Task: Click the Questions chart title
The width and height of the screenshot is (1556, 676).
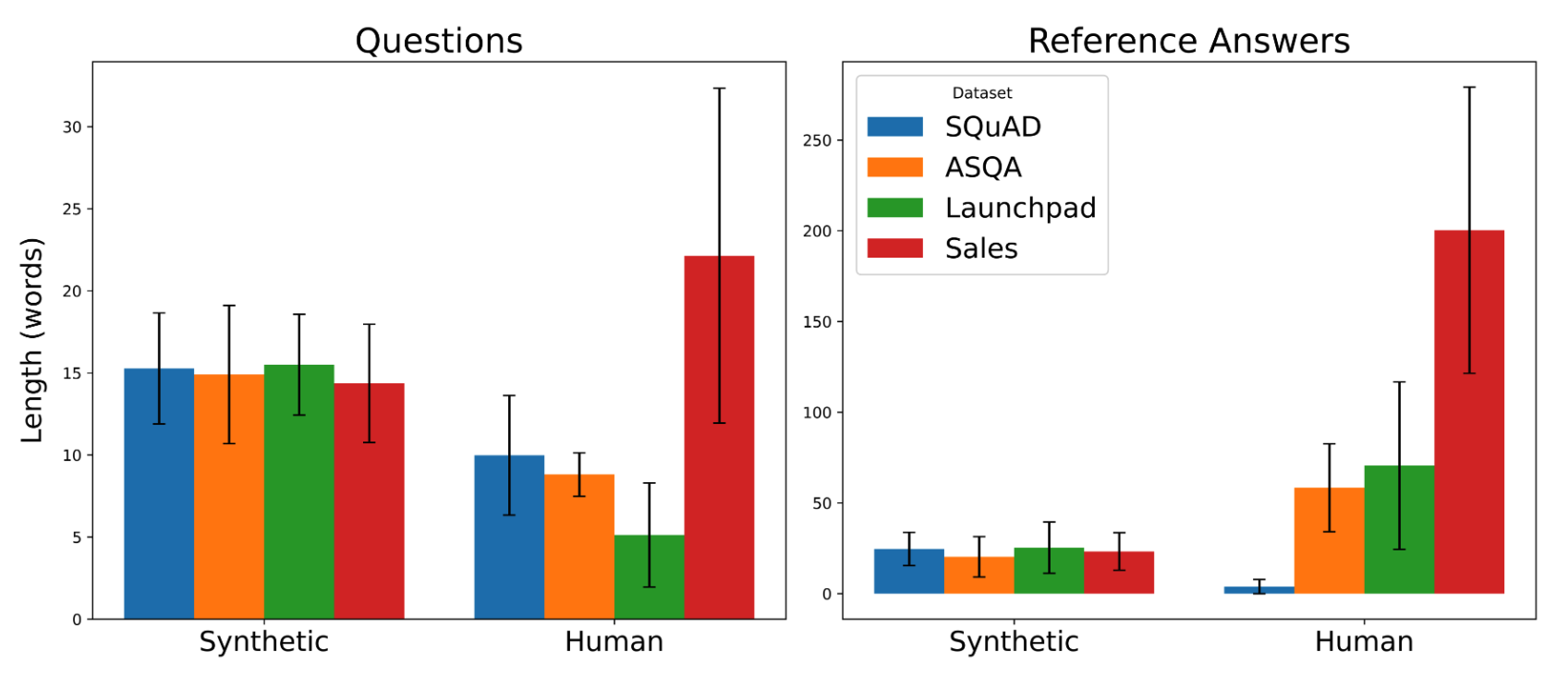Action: pyautogui.click(x=438, y=41)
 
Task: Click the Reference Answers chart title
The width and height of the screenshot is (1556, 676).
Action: pyautogui.click(x=1188, y=41)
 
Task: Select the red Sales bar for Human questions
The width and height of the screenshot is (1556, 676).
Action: pyautogui.click(x=719, y=437)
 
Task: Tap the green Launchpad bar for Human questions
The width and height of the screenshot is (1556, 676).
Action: pyautogui.click(x=650, y=577)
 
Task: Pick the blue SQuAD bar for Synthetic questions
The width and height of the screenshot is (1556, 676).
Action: pyautogui.click(x=159, y=493)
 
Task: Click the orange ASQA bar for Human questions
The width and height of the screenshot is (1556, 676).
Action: pyautogui.click(x=579, y=547)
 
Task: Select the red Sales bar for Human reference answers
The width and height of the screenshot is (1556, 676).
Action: pyautogui.click(x=1469, y=412)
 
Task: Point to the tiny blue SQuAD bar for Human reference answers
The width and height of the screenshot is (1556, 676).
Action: pyautogui.click(x=1258, y=590)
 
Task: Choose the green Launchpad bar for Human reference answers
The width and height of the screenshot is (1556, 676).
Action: pyautogui.click(x=1399, y=529)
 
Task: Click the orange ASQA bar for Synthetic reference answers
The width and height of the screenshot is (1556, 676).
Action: pyautogui.click(x=979, y=575)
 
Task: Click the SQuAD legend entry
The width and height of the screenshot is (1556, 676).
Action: pyautogui.click(x=954, y=127)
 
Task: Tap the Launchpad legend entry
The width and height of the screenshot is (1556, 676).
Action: pyautogui.click(x=981, y=208)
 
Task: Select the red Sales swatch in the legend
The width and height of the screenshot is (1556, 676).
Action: pyautogui.click(x=894, y=247)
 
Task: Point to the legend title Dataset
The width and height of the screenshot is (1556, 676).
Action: pyautogui.click(x=981, y=93)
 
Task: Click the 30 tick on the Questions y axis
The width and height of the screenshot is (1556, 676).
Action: pyautogui.click(x=72, y=127)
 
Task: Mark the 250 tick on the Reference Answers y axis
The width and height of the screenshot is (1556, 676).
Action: pyautogui.click(x=817, y=140)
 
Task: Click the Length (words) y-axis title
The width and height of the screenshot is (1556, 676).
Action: pyautogui.click(x=32, y=340)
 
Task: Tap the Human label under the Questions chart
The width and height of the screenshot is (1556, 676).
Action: pyautogui.click(x=614, y=641)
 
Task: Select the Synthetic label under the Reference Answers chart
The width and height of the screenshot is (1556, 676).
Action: pyautogui.click(x=1014, y=641)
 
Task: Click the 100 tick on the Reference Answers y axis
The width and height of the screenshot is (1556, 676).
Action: pyautogui.click(x=817, y=412)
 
